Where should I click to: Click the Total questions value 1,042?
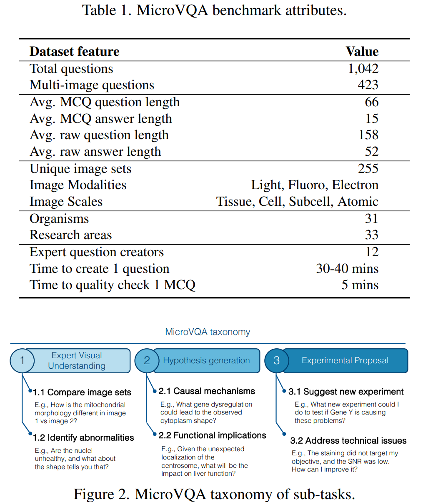tap(363, 69)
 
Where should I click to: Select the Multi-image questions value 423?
tap(368, 85)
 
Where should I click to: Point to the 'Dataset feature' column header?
tap(74, 52)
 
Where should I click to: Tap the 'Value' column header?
tap(362, 52)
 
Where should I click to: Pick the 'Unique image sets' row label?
tap(80, 169)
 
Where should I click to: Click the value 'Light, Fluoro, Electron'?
tap(315, 185)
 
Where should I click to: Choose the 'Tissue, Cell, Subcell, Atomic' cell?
tap(297, 202)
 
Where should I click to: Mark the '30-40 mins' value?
tap(347, 269)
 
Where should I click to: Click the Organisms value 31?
tap(371, 219)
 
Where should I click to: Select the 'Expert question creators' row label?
tap(97, 252)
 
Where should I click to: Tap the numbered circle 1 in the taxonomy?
tap(22, 361)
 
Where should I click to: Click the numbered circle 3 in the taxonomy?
tap(276, 361)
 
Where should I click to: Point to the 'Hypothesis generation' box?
tap(206, 361)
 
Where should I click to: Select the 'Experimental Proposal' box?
tap(345, 361)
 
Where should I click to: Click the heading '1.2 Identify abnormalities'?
tap(84, 437)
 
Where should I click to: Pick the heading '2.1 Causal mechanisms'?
tap(207, 391)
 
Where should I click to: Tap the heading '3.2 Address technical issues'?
tap(348, 441)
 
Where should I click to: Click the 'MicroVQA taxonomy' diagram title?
tap(208, 332)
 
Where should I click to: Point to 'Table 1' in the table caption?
tap(106, 10)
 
